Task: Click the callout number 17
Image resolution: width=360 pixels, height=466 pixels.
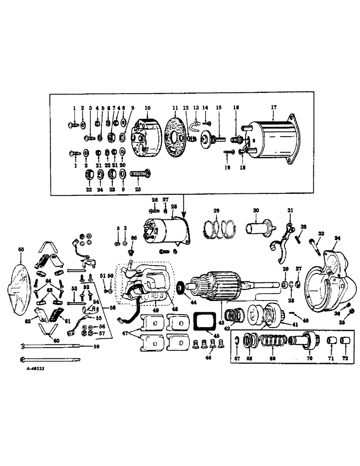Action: (274, 108)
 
